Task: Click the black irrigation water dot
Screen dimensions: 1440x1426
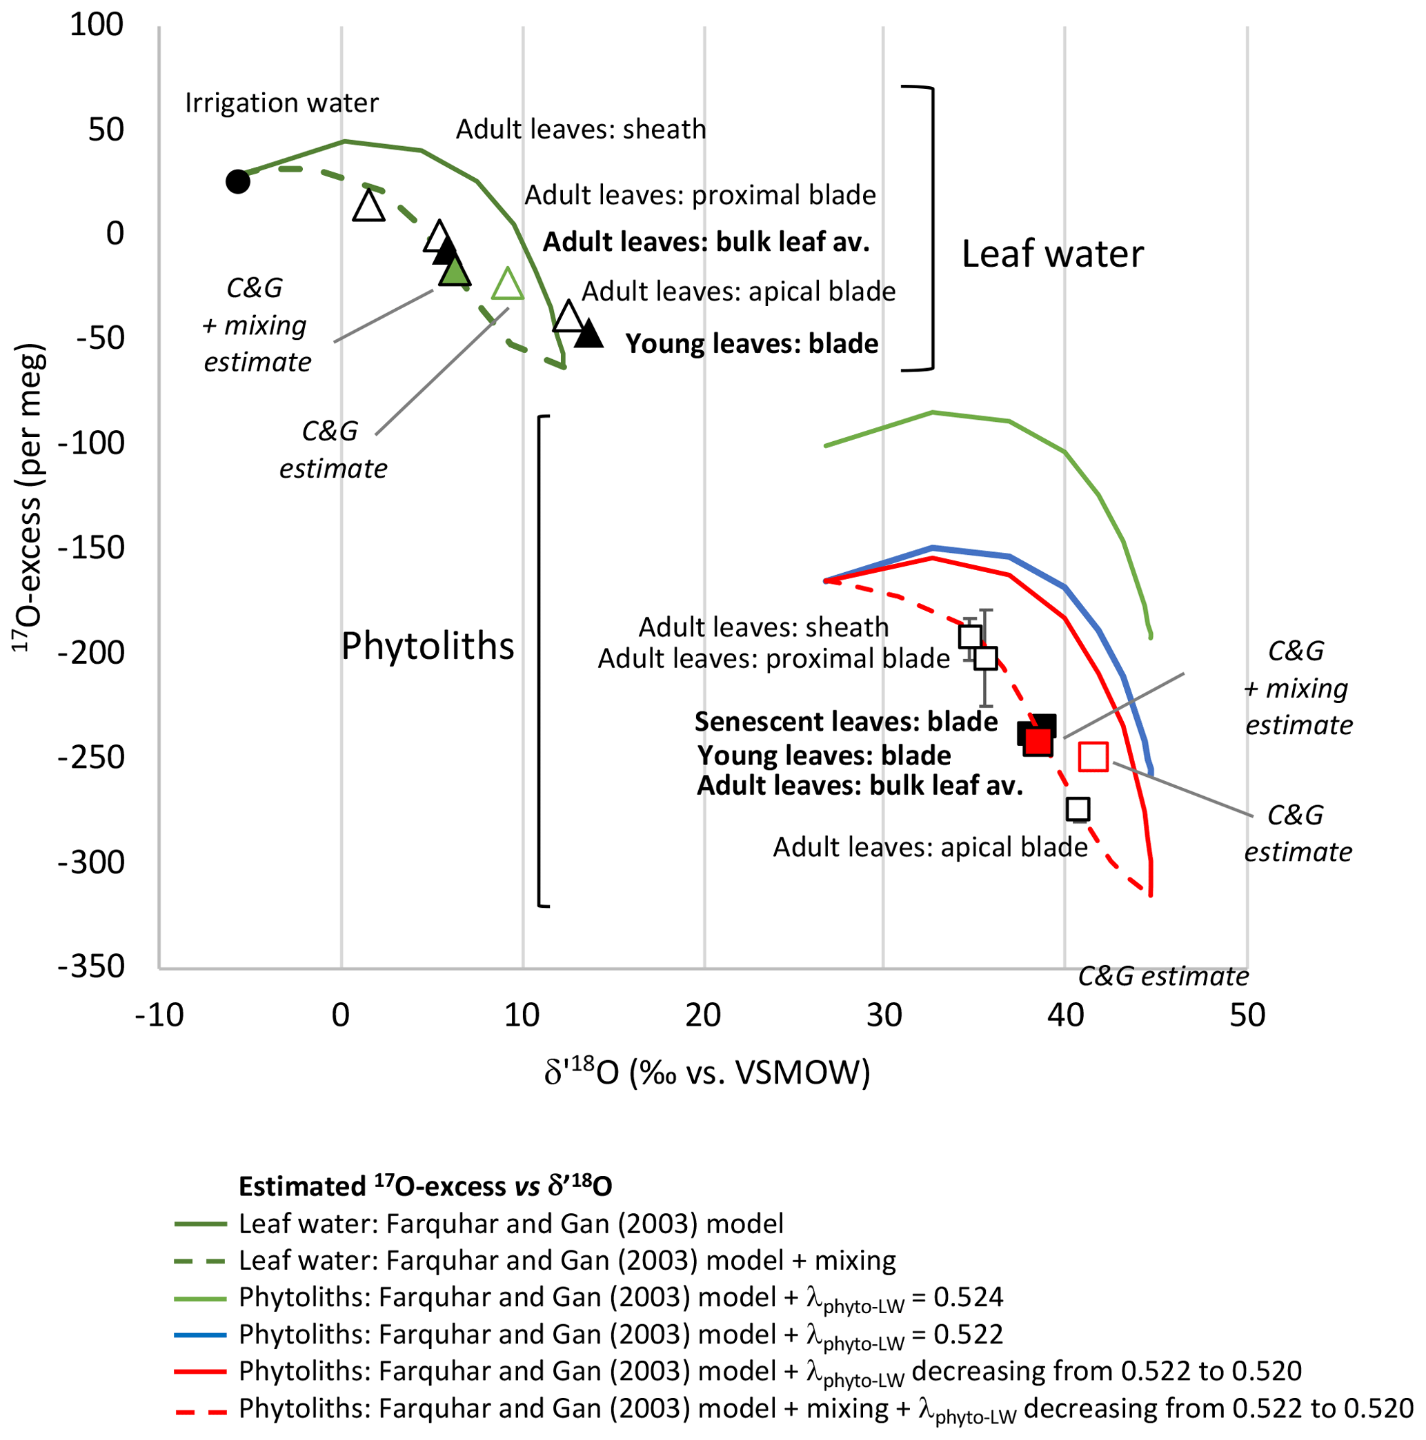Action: pyautogui.click(x=237, y=181)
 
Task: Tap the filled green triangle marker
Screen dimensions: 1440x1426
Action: pyautogui.click(x=455, y=272)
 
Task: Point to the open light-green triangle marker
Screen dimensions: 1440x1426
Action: pyautogui.click(x=507, y=285)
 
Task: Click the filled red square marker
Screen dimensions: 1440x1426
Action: pyautogui.click(x=1038, y=742)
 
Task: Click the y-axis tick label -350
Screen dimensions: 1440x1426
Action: pyautogui.click(x=92, y=966)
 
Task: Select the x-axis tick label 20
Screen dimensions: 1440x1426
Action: pyautogui.click(x=703, y=1016)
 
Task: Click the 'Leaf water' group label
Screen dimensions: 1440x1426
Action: pyautogui.click(x=1052, y=254)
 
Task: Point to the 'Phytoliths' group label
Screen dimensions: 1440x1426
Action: pyautogui.click(x=427, y=646)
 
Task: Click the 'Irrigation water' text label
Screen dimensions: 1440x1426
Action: pyautogui.click(x=281, y=103)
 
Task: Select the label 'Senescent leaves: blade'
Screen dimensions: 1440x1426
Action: pyautogui.click(x=846, y=722)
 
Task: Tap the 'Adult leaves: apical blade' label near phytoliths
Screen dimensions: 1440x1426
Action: pyautogui.click(x=930, y=847)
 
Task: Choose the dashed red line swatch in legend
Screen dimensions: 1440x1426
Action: pyautogui.click(x=200, y=1409)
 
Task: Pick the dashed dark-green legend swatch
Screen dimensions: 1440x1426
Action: pyautogui.click(x=200, y=1261)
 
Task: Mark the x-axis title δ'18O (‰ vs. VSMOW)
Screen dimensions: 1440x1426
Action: pyautogui.click(x=707, y=1073)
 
